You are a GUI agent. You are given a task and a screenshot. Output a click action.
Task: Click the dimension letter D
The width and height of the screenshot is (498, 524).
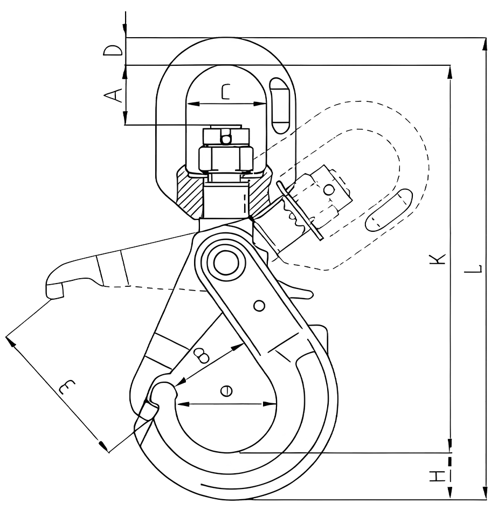[113, 51]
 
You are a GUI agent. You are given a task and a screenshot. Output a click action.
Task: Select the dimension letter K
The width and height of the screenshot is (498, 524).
[438, 259]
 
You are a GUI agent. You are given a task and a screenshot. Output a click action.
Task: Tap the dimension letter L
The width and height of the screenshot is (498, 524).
[474, 268]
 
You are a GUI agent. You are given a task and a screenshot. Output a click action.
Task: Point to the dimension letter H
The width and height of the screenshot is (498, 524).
[438, 476]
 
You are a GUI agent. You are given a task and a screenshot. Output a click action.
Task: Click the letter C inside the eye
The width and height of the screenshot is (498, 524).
[226, 92]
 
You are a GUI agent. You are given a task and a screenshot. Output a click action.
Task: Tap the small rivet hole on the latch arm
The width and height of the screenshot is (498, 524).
[260, 306]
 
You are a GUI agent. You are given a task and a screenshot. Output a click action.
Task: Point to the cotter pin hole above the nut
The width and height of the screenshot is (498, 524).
[226, 139]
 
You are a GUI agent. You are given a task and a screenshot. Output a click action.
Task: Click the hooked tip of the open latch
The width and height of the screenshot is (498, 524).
[54, 289]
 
